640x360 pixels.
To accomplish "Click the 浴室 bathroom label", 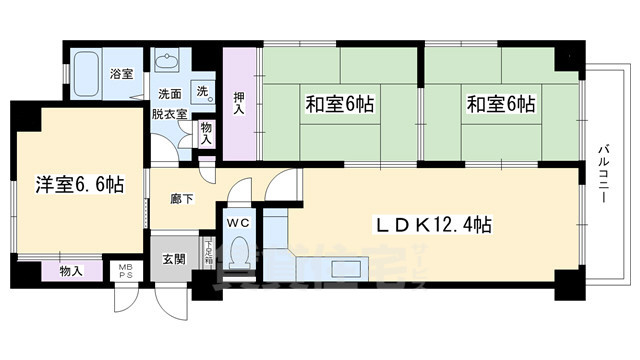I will (x=122, y=73).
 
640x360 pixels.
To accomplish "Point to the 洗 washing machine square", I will (x=202, y=91).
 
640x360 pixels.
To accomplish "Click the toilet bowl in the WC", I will (x=241, y=252).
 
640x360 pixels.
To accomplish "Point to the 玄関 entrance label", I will (x=172, y=260).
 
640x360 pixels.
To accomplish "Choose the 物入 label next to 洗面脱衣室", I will (x=206, y=133).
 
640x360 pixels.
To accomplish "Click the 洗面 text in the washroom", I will (x=169, y=95).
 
